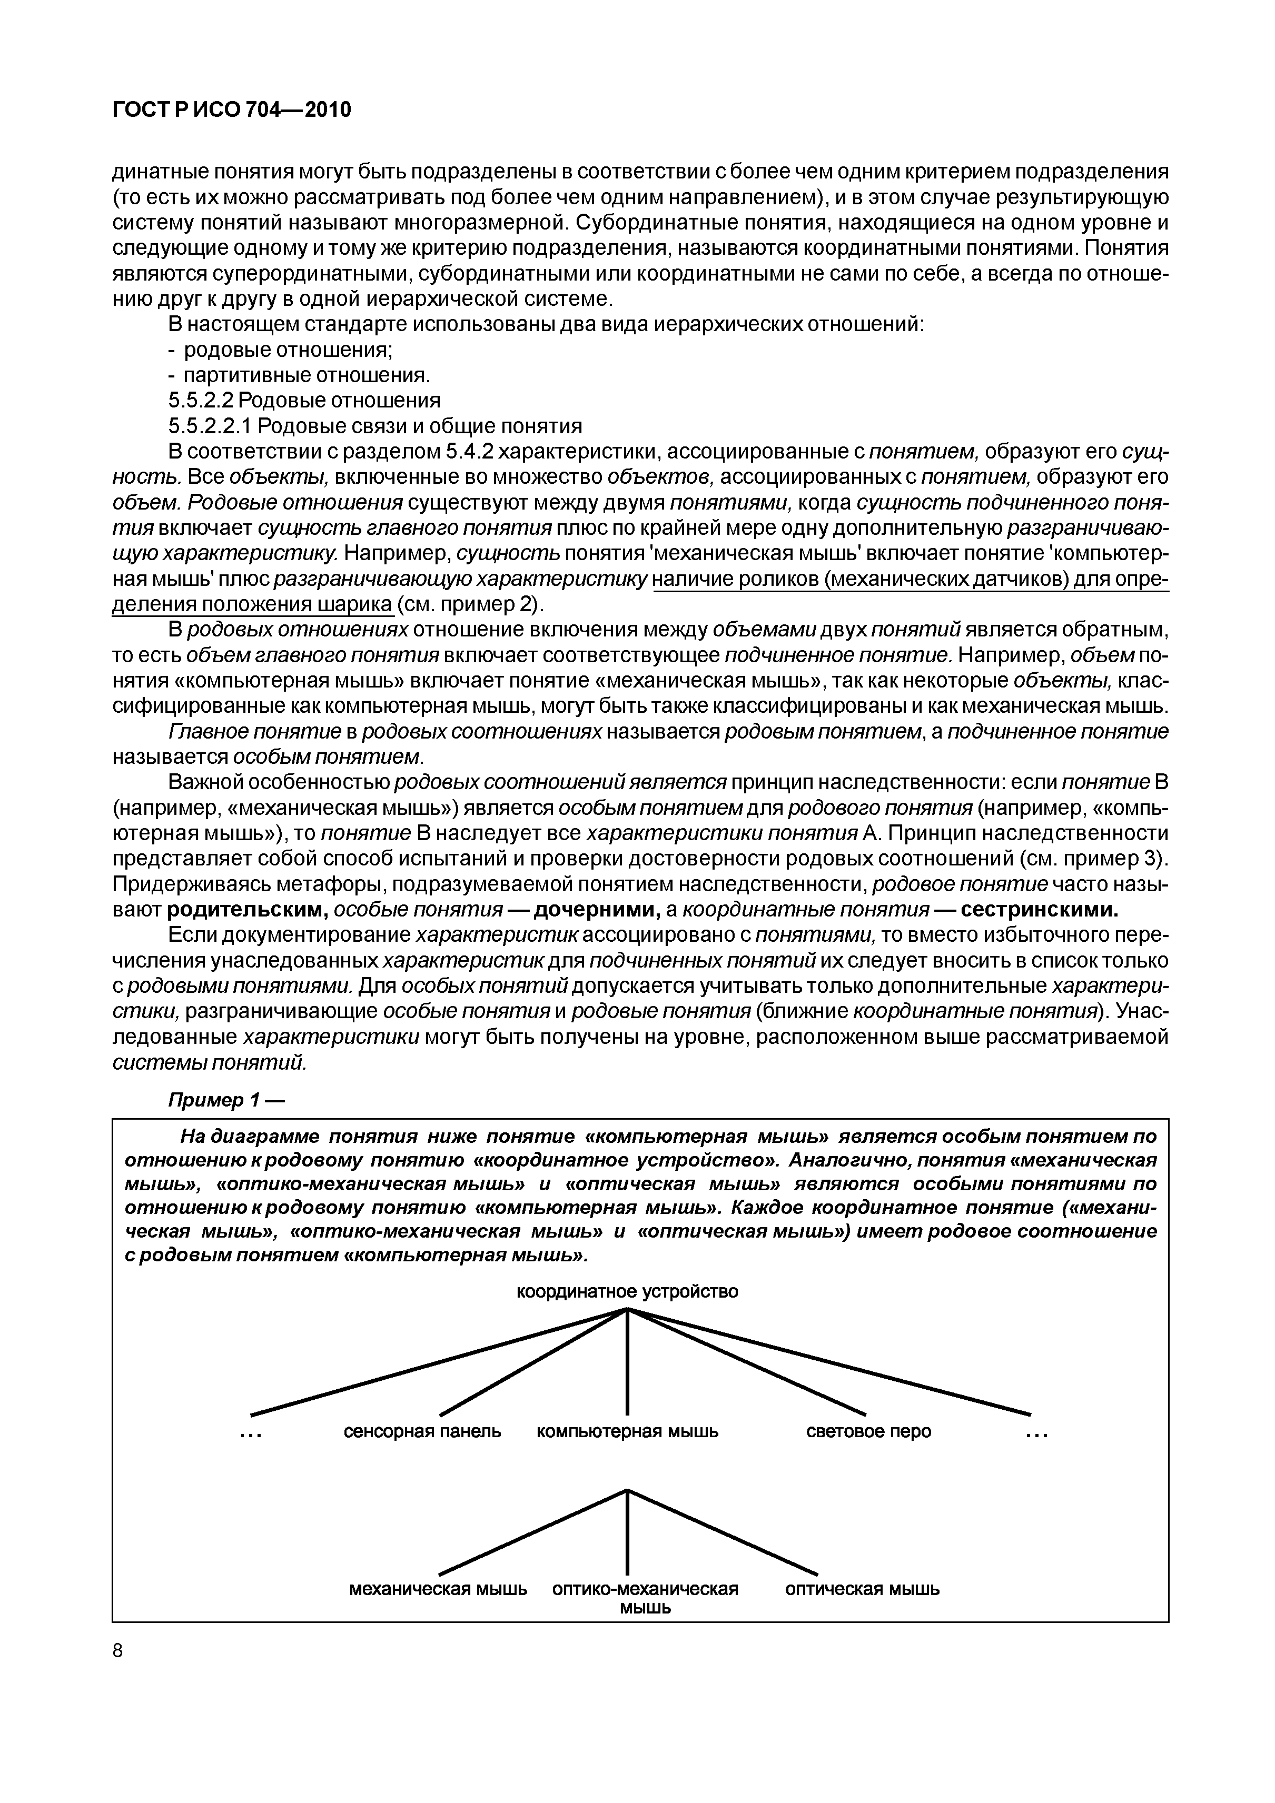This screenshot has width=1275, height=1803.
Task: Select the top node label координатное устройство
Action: point(627,1291)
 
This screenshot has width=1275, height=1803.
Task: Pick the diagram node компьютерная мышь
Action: point(627,1431)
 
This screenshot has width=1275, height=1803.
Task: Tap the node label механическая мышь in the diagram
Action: point(438,1589)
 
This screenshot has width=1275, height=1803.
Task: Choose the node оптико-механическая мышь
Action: point(645,1597)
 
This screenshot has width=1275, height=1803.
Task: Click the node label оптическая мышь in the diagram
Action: point(862,1589)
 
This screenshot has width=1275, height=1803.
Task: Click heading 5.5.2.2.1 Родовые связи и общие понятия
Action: point(375,426)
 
